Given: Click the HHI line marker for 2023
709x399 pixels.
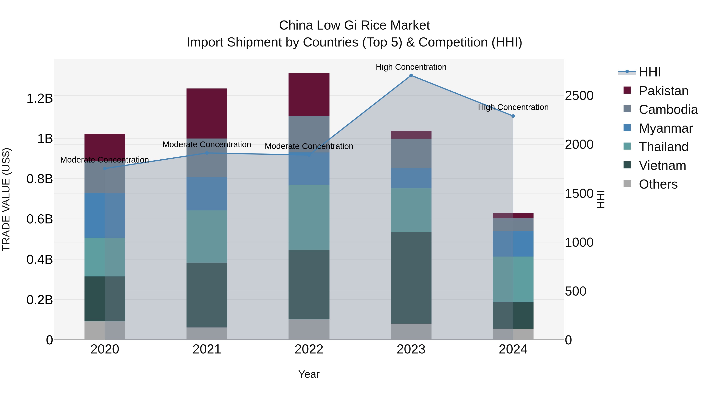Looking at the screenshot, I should [x=411, y=75].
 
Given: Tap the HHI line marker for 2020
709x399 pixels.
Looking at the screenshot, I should [x=105, y=168].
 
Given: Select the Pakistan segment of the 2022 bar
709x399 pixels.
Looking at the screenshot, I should [x=309, y=94].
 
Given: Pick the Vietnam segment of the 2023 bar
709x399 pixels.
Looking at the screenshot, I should [x=411, y=278].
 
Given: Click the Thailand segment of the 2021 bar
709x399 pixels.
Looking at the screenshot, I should [x=207, y=236].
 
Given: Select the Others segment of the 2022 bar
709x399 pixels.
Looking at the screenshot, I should [x=309, y=330].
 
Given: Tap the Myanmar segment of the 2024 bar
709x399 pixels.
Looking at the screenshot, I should [x=513, y=244].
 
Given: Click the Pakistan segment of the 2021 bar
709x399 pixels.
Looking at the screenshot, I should [x=207, y=113].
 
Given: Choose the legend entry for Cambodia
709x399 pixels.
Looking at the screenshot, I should [x=668, y=110].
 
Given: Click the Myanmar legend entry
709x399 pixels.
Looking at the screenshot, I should [x=665, y=128].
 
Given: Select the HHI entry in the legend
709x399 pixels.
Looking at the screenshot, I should [x=650, y=72].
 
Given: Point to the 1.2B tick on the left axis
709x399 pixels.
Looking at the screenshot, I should [x=40, y=98].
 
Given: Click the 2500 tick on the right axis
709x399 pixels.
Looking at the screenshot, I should [x=579, y=96].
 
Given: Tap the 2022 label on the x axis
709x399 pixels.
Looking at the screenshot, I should [x=309, y=349].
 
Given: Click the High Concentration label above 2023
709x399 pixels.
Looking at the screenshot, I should [x=411, y=67].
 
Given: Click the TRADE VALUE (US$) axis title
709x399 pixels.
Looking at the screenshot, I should [x=6, y=199].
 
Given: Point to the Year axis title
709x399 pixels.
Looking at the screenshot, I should [x=309, y=374].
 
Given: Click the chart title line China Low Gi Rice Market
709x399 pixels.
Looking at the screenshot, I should [x=354, y=25].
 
